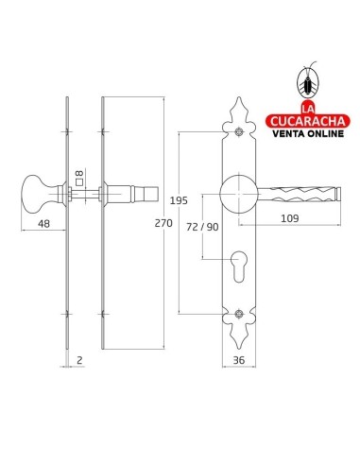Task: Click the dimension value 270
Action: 163,223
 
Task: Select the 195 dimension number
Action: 179,200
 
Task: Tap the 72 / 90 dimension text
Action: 202,227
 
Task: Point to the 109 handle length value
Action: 289,218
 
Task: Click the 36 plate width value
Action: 239,360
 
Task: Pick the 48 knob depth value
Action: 43,224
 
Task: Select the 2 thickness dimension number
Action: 79,360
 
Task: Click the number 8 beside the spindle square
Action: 79,173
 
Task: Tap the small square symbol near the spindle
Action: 79,182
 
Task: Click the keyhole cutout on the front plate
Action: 239,267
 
